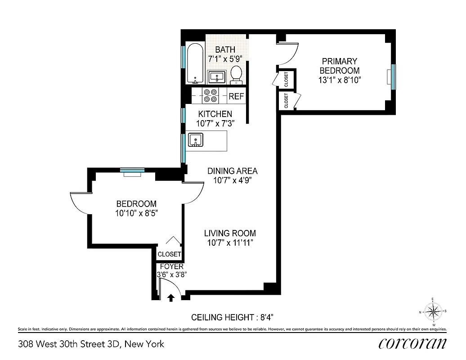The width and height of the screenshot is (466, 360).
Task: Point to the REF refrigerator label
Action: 236,96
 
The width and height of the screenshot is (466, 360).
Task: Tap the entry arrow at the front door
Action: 171,297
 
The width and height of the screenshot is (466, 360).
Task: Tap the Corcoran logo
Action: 412,343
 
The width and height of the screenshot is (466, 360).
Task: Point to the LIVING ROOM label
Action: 230,233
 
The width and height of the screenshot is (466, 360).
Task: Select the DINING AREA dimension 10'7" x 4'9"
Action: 232,180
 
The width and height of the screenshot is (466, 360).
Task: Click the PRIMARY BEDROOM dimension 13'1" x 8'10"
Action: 339,80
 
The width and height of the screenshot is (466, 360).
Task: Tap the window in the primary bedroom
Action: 393,76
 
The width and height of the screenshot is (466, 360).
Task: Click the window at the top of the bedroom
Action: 132,170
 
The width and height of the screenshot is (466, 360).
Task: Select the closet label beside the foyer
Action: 169,254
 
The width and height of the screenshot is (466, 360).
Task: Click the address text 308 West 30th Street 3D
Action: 91,344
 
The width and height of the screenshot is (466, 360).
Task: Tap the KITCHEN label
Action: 215,114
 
